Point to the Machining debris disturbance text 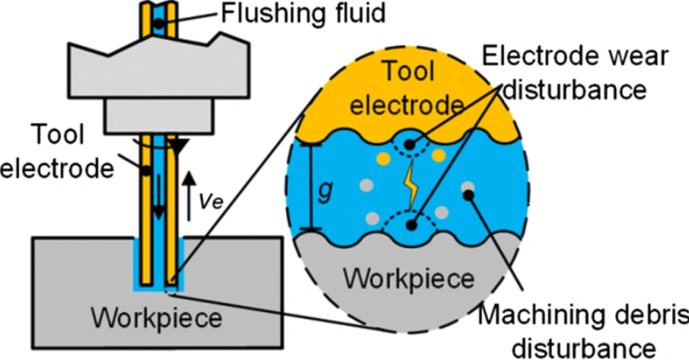coord(583,326)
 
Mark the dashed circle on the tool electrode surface coord(410,144)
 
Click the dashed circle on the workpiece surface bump coord(412,225)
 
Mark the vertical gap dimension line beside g coord(312,187)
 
